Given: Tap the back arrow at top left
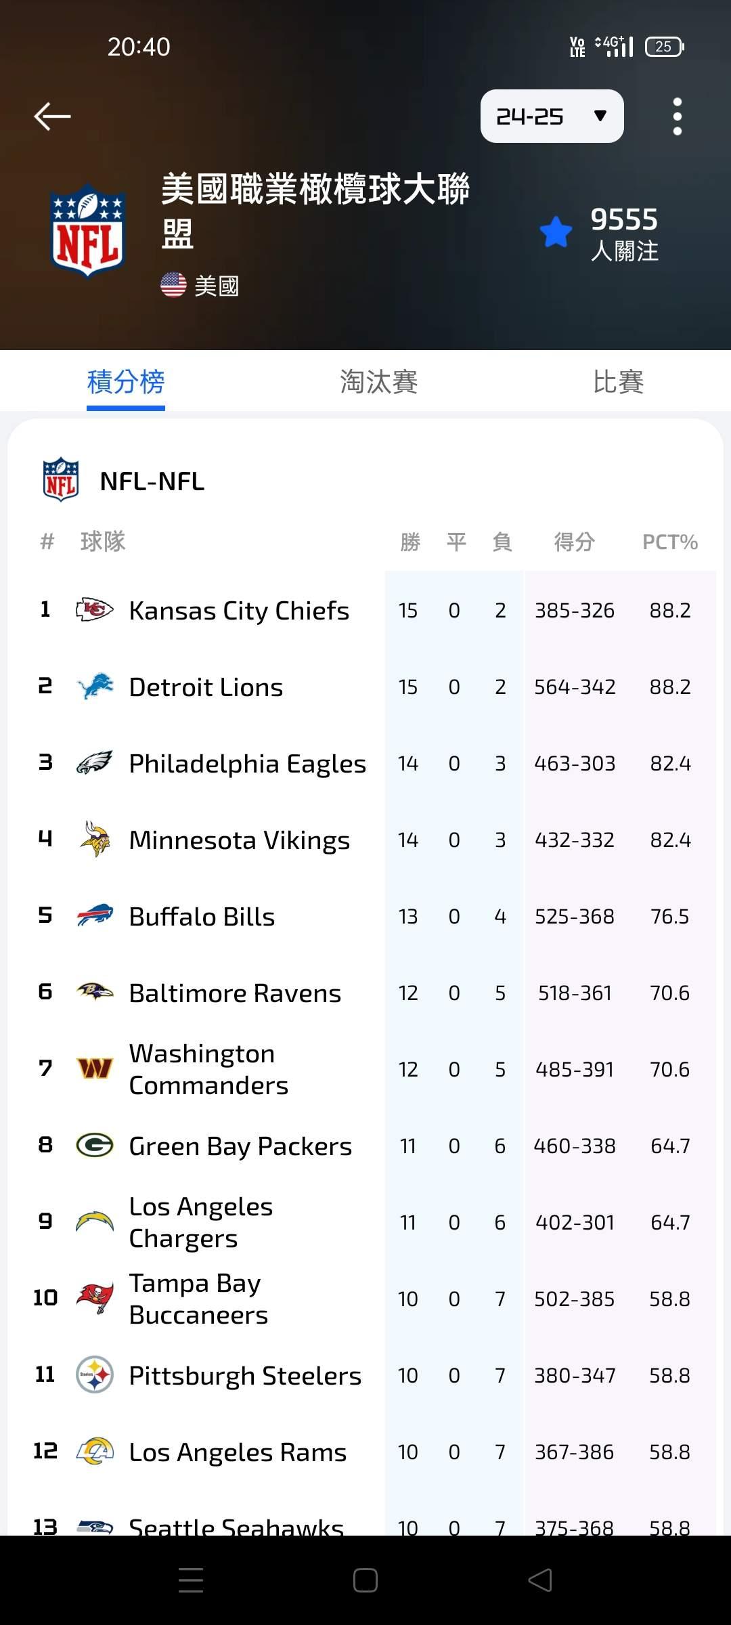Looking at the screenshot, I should (53, 116).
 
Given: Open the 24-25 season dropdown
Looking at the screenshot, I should (552, 116).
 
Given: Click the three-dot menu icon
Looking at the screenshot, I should (677, 116).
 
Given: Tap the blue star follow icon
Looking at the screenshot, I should (556, 232).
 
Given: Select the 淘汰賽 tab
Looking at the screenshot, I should (378, 382).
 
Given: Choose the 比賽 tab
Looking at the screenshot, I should (618, 382).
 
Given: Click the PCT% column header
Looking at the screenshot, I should (669, 542).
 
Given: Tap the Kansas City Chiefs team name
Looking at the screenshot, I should (239, 611).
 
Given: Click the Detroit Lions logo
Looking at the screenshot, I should (95, 687).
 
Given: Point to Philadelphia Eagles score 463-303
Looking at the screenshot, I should (575, 764).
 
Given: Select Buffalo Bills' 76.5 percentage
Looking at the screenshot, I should (669, 917).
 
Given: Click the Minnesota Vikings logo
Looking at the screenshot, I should (95, 840).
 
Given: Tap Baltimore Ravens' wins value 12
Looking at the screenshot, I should (408, 993).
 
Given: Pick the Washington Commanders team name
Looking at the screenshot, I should (208, 1070).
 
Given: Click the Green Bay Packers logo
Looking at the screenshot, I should (95, 1146).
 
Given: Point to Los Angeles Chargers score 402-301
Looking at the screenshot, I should (575, 1223).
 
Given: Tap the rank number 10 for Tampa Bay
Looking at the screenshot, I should (45, 1298).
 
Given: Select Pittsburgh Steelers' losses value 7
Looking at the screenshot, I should (500, 1376).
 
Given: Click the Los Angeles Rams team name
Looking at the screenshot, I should (238, 1452).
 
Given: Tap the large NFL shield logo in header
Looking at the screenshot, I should (88, 231).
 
